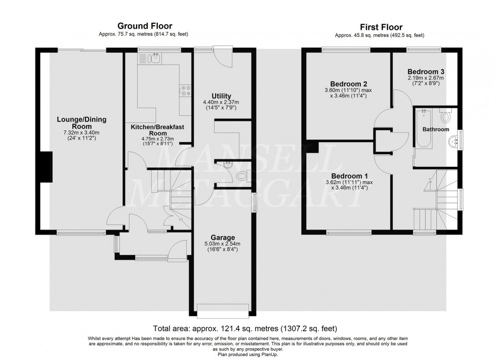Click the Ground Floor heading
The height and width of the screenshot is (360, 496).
(x=144, y=26)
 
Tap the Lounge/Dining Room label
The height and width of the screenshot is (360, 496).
(x=81, y=122)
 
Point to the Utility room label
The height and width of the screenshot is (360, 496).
(x=221, y=96)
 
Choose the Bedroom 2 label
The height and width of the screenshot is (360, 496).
(x=349, y=84)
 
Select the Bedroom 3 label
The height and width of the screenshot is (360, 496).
(x=426, y=71)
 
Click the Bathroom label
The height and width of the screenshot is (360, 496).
(x=436, y=129)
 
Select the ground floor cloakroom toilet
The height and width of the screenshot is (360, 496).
(x=242, y=177)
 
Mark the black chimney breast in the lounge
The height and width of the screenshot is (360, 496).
(x=47, y=166)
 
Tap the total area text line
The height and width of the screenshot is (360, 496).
(x=247, y=328)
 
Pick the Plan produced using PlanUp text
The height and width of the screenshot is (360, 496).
(x=247, y=353)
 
